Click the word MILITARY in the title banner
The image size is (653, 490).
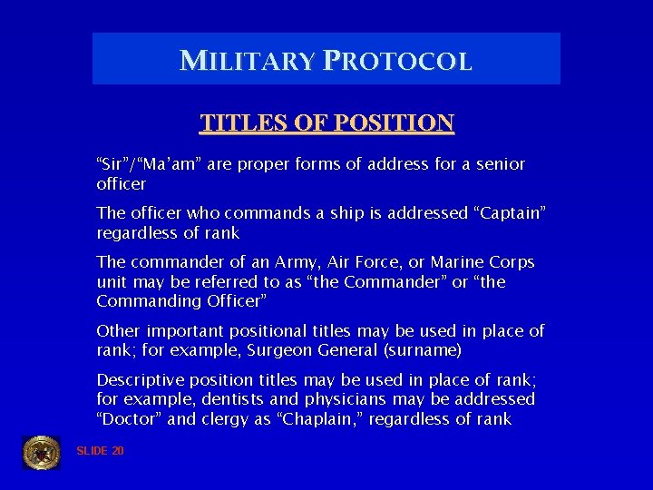coord(248,61)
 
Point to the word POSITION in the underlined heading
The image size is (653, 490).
coord(395,122)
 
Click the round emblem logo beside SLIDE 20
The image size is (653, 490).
coord(41,451)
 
